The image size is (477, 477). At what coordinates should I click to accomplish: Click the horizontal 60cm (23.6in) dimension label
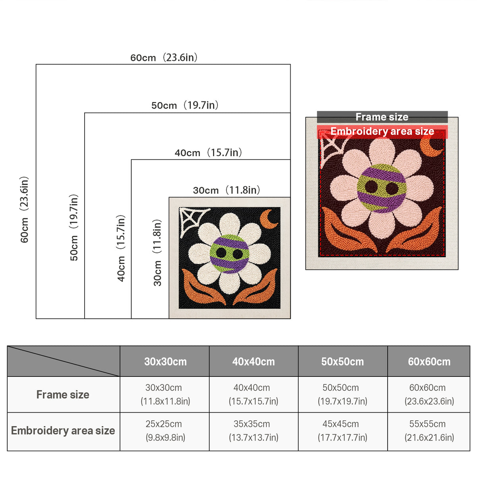164,57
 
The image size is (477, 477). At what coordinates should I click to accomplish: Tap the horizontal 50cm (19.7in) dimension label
185,105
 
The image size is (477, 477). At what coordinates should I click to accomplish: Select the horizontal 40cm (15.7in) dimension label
208,153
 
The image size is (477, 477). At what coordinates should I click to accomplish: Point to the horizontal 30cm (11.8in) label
227,190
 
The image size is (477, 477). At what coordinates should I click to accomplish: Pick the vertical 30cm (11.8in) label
157,253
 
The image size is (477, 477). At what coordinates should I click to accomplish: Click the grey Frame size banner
382,117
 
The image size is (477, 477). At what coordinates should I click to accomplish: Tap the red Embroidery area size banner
382,132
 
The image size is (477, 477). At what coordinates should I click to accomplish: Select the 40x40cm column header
254,362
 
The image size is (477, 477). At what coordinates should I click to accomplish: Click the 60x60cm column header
429,362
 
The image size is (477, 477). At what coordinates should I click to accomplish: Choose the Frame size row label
63,395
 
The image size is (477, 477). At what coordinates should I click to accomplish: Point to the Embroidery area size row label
63,431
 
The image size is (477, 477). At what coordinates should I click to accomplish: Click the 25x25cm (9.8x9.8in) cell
165,431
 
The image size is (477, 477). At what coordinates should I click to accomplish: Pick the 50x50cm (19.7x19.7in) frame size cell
343,394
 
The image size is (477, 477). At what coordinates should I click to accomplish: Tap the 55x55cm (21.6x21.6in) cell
429,431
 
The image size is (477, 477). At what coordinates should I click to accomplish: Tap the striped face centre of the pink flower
382,188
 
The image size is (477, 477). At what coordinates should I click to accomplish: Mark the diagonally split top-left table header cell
64,361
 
